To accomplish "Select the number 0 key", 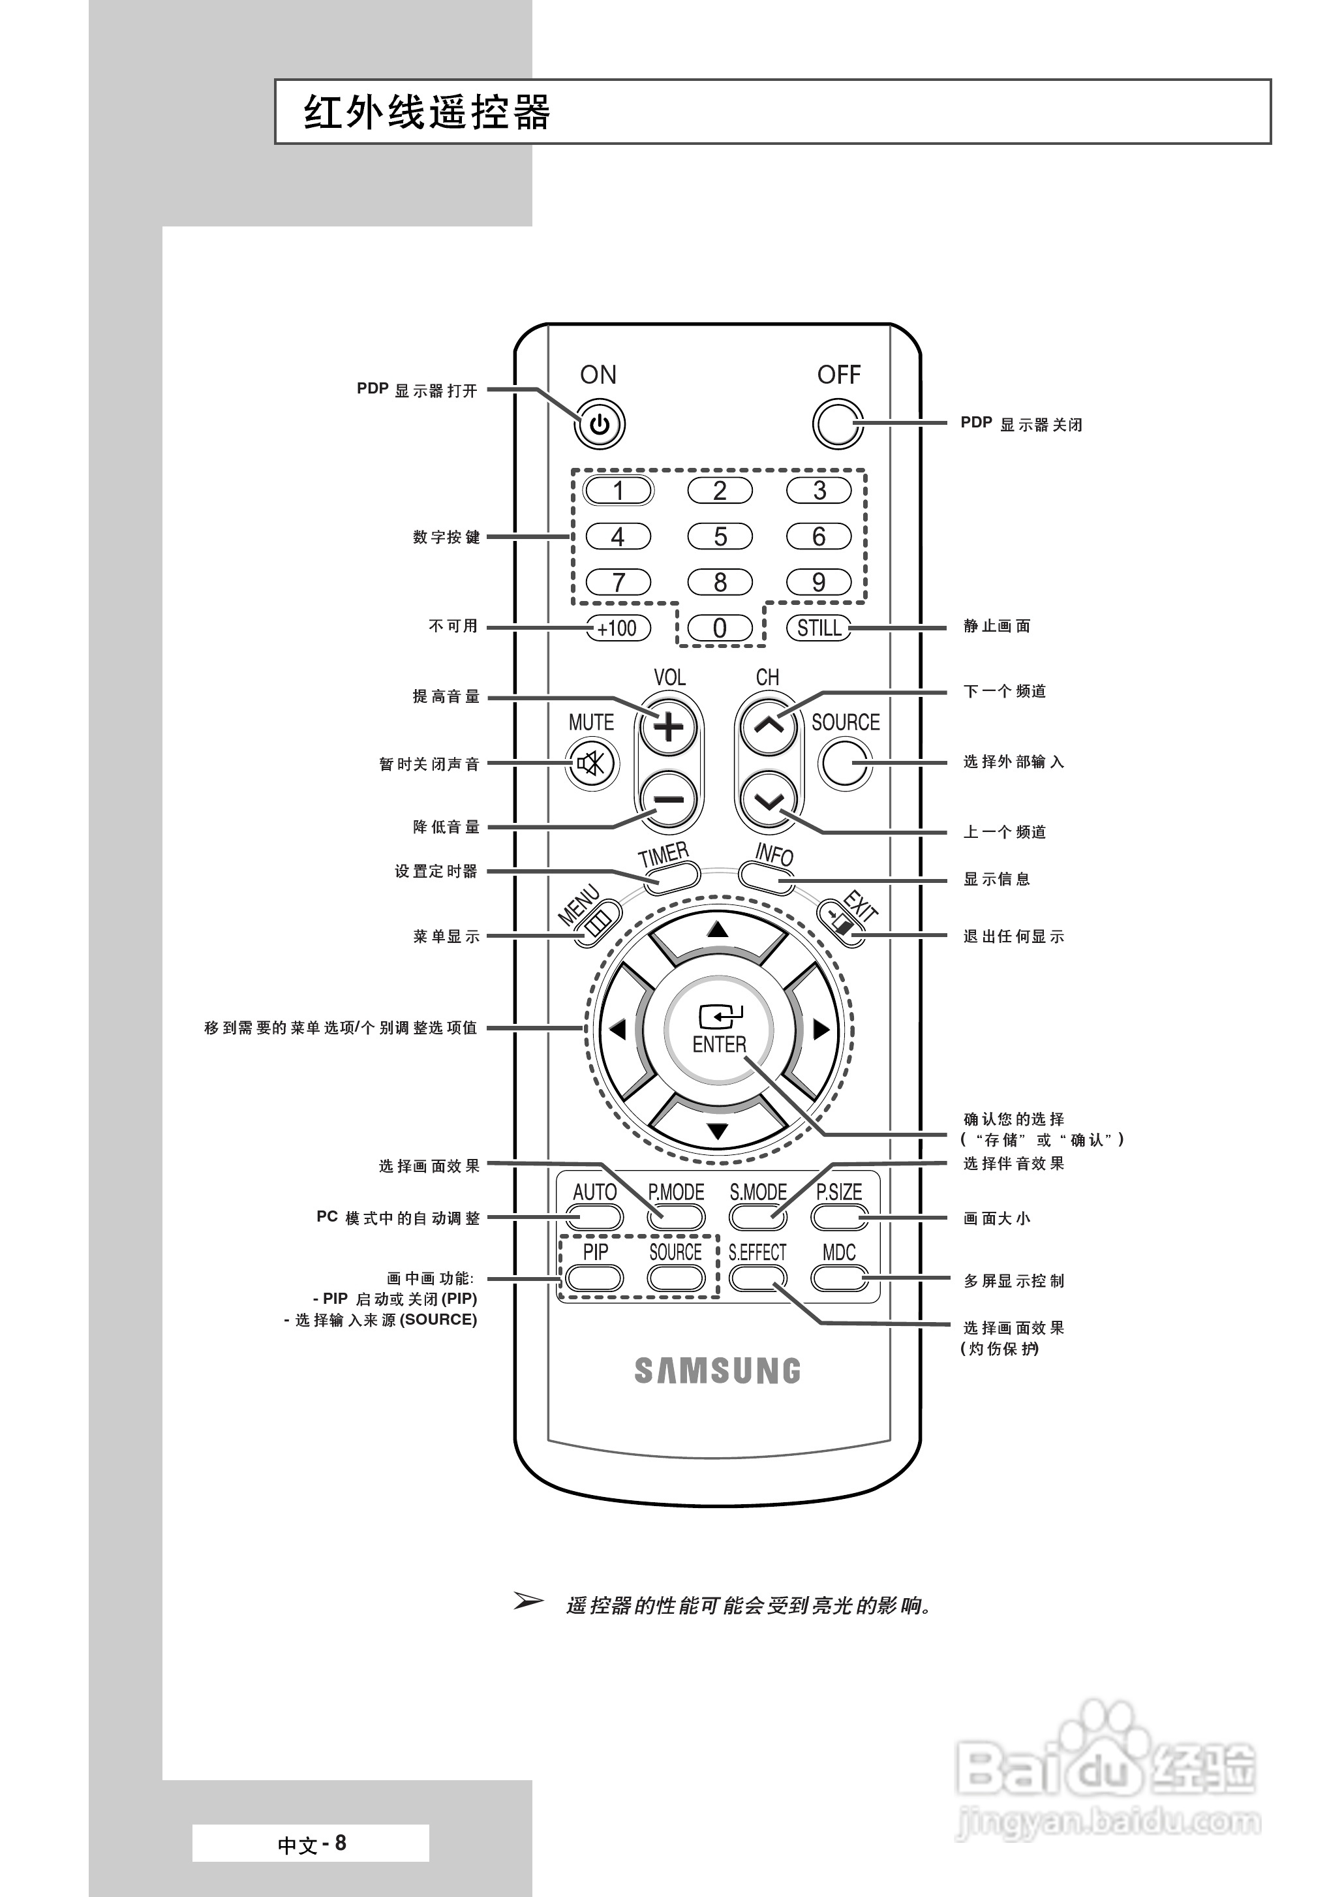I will click(719, 628).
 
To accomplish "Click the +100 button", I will click(617, 628).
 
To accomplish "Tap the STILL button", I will click(819, 628).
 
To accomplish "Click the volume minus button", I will click(669, 799).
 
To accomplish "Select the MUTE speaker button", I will click(592, 762).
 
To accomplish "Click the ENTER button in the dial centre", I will click(718, 1030).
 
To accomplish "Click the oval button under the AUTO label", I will click(595, 1216).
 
